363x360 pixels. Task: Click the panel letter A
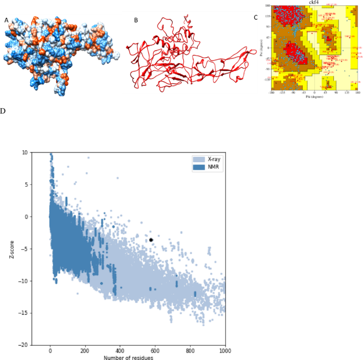tap(6, 20)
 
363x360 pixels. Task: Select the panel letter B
tap(136, 20)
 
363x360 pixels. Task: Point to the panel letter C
tap(256, 17)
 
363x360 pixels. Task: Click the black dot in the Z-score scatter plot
tap(151, 240)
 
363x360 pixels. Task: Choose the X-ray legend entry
tap(208, 159)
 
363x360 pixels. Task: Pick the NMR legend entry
tap(208, 166)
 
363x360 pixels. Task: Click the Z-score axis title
tap(11, 249)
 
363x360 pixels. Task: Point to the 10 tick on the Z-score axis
tap(25, 153)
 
